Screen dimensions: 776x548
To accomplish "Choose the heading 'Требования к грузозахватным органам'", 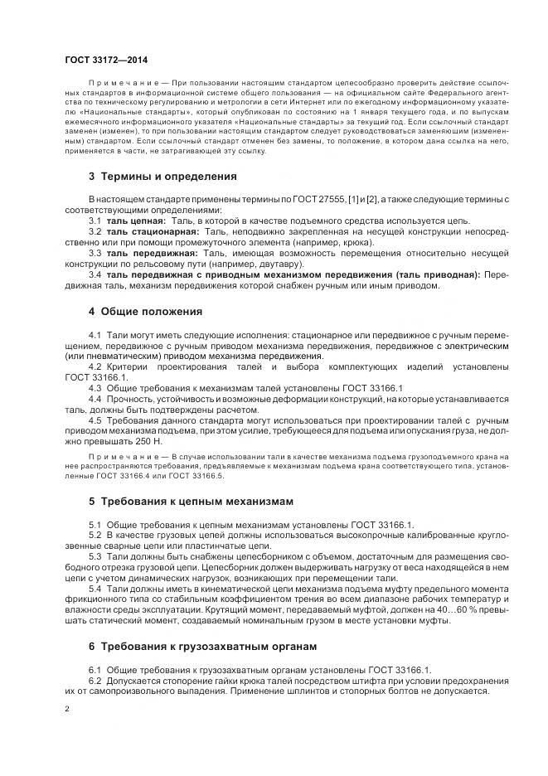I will tap(208, 646).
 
